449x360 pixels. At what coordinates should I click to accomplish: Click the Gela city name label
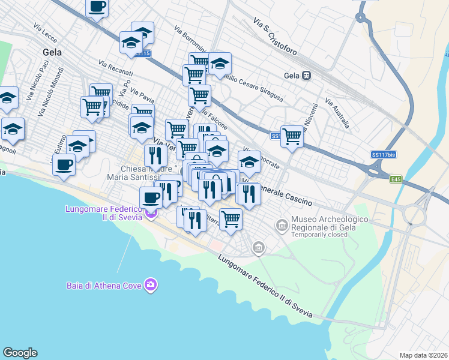pos(53,52)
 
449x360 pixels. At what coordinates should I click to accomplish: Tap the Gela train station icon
pos(307,76)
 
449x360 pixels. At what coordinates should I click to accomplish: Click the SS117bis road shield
pos(384,155)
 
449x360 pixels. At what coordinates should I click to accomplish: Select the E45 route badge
pos(394,179)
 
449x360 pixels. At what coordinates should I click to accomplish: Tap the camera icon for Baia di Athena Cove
pos(151,284)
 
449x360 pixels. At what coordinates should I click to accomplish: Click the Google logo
pos(20,353)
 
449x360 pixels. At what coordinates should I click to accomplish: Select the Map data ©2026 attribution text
pos(423,355)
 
